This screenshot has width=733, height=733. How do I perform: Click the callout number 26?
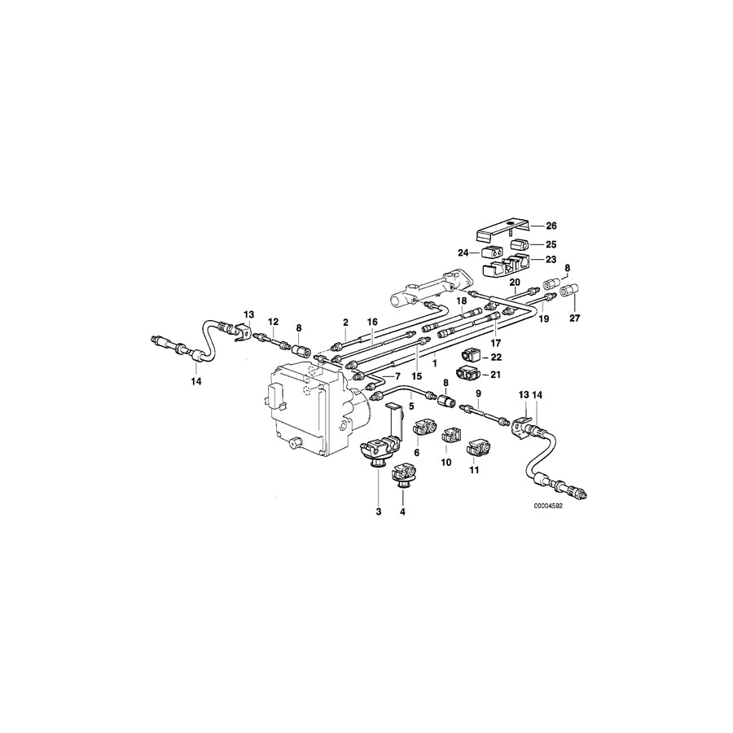(551, 226)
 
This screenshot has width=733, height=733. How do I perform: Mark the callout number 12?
(274, 321)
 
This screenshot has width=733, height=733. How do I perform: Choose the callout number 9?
(478, 393)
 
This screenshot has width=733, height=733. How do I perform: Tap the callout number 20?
(515, 283)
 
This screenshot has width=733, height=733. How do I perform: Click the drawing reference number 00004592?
(548, 505)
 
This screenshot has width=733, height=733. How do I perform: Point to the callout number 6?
(417, 453)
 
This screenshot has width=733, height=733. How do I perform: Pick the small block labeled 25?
(520, 244)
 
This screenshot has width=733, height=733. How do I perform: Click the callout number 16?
(372, 322)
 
